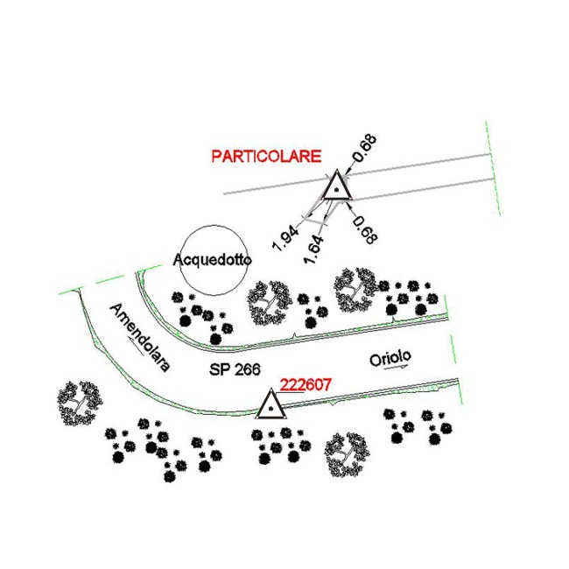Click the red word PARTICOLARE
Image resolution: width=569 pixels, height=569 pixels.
[x=266, y=156]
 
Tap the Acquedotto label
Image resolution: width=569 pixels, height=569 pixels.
[x=213, y=260]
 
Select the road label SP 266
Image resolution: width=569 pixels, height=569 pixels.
[x=235, y=369]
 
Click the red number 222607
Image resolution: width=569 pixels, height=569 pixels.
[x=306, y=384]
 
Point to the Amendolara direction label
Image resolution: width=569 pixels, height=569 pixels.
[x=140, y=338]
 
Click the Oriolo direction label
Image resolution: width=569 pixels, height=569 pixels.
[x=390, y=358]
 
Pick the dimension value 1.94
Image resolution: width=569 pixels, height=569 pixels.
[x=285, y=238]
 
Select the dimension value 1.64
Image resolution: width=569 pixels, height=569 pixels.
[x=314, y=249]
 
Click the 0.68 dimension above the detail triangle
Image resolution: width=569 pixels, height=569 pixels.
[x=365, y=148]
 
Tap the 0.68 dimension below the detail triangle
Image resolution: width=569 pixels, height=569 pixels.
[x=365, y=230]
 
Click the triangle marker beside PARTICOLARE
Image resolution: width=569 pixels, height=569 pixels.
[x=337, y=185]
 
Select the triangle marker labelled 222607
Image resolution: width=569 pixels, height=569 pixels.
[x=270, y=404]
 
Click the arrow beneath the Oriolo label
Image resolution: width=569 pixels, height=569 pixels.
[x=396, y=368]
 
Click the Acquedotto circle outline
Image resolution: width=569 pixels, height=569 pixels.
[x=181, y=260]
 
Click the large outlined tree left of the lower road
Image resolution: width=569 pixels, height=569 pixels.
[x=80, y=403]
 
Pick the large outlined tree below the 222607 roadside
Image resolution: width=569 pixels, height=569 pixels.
[x=348, y=454]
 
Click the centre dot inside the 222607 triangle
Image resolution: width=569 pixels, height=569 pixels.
[x=270, y=409]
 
